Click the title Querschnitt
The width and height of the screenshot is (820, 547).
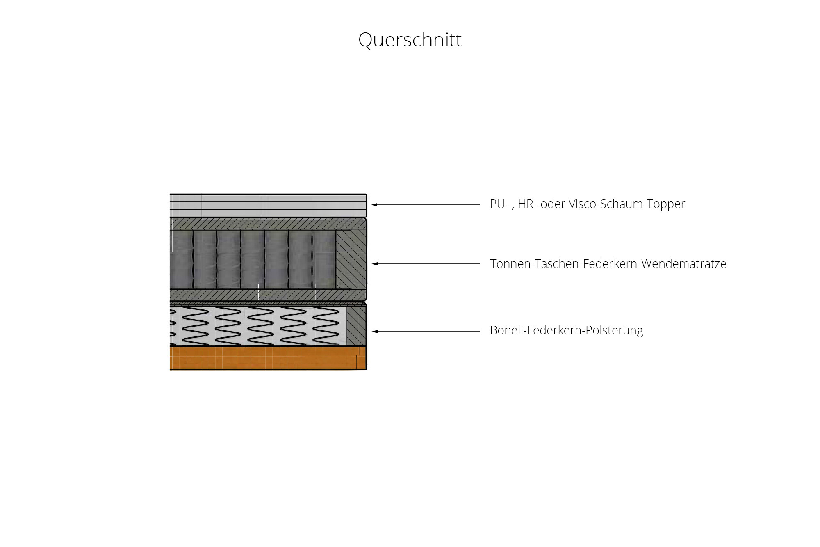(x=410, y=40)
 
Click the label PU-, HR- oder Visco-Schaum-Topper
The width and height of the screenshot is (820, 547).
(x=587, y=204)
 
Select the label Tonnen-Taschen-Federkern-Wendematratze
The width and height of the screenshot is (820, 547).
(x=608, y=263)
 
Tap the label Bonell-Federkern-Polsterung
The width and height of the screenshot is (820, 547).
(x=566, y=330)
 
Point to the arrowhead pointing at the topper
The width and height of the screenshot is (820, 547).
(x=374, y=204)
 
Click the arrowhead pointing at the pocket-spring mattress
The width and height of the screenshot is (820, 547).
(x=374, y=264)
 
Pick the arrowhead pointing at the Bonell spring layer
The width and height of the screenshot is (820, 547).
(x=374, y=332)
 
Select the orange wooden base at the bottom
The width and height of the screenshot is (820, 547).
(x=266, y=358)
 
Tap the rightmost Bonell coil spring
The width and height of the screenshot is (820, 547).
(x=326, y=326)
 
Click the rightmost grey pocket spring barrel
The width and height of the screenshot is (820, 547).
(x=324, y=259)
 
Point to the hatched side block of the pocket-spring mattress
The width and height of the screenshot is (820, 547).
(x=351, y=259)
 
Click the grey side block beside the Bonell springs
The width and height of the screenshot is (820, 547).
(x=356, y=326)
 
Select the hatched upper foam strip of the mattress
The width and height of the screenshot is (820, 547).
(x=266, y=224)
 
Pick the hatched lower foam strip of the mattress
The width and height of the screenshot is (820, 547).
(x=266, y=295)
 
